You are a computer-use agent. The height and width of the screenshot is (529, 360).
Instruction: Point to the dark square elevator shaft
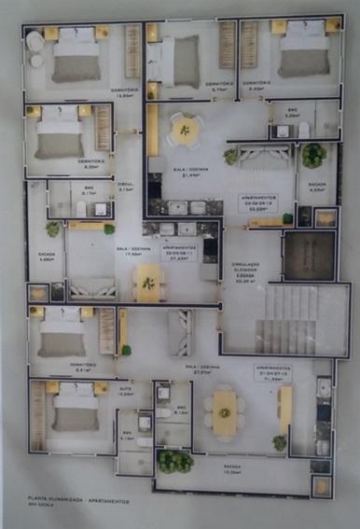(x=309, y=254)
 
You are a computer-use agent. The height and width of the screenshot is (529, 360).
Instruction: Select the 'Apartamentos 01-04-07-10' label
(x=270, y=374)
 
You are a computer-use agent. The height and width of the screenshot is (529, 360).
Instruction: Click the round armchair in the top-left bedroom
(x=35, y=42)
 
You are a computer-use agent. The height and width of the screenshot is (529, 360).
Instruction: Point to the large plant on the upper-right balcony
(x=312, y=154)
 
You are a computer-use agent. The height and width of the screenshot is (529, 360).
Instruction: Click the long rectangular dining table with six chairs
(x=224, y=411)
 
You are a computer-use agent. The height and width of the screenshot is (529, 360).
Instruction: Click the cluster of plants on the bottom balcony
(x=174, y=461)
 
